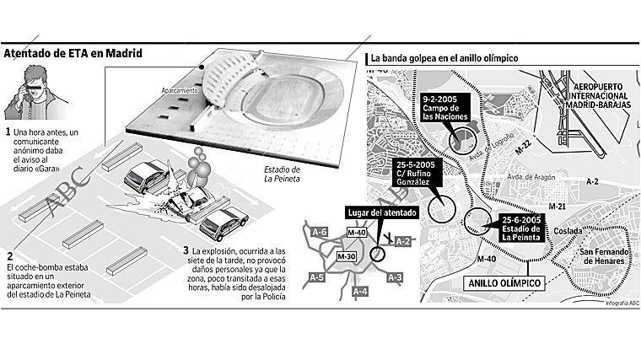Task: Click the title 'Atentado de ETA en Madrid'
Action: tap(72, 53)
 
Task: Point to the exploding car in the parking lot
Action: tap(187, 201)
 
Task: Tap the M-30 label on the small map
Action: tap(347, 255)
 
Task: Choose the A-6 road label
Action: tap(319, 231)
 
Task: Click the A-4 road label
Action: tap(359, 291)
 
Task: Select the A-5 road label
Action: tap(317, 277)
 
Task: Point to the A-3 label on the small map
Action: tap(395, 277)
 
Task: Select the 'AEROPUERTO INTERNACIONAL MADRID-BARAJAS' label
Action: tap(600, 101)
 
